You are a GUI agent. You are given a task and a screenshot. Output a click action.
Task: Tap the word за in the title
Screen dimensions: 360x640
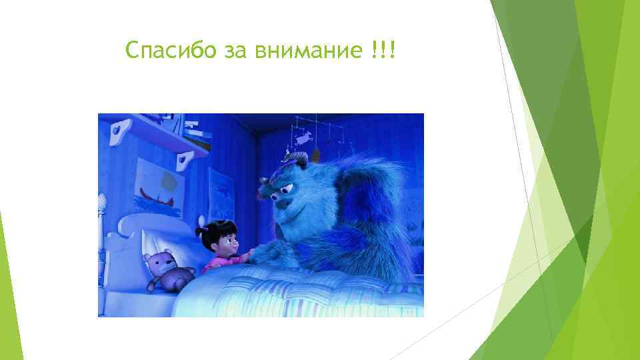[x=235, y=51]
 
